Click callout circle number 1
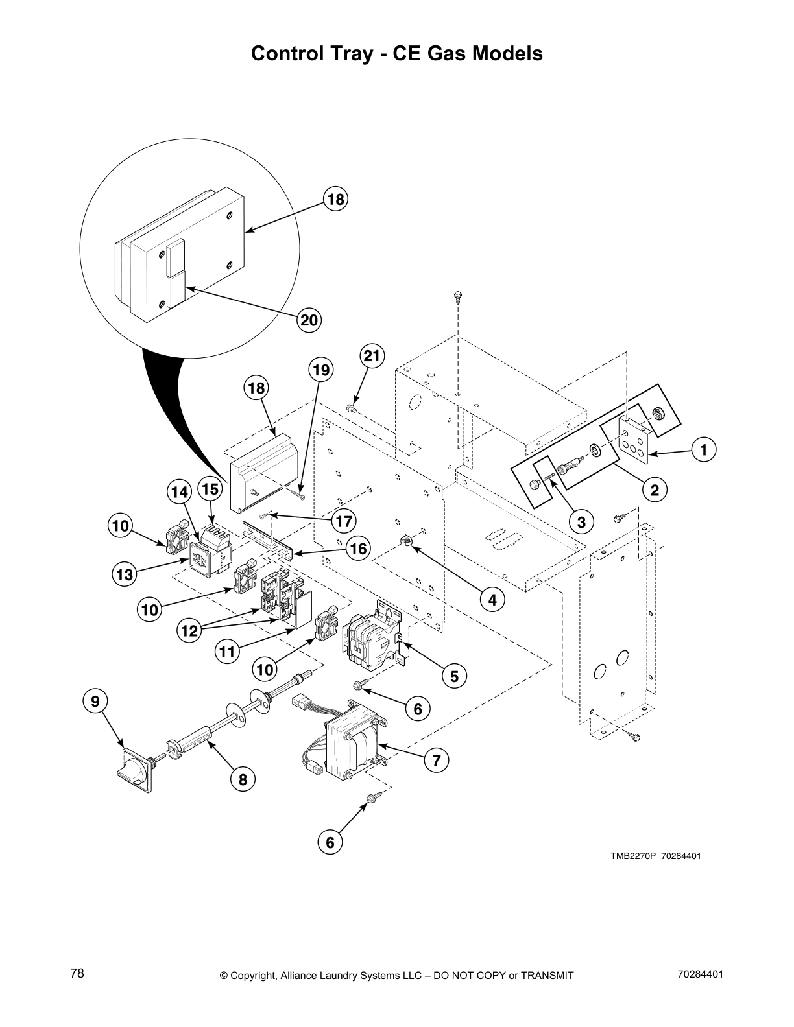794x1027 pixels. click(703, 449)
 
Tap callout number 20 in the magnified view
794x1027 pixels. click(310, 320)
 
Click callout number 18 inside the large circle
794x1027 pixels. click(335, 199)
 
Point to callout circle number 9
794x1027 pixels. click(95, 701)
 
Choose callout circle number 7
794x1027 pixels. click(437, 760)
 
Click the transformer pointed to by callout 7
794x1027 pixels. click(354, 746)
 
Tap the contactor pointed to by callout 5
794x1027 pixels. click(370, 639)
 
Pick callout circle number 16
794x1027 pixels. click(357, 549)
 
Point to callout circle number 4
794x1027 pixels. click(492, 600)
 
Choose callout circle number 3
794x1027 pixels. click(581, 521)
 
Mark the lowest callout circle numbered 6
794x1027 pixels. click(330, 842)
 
